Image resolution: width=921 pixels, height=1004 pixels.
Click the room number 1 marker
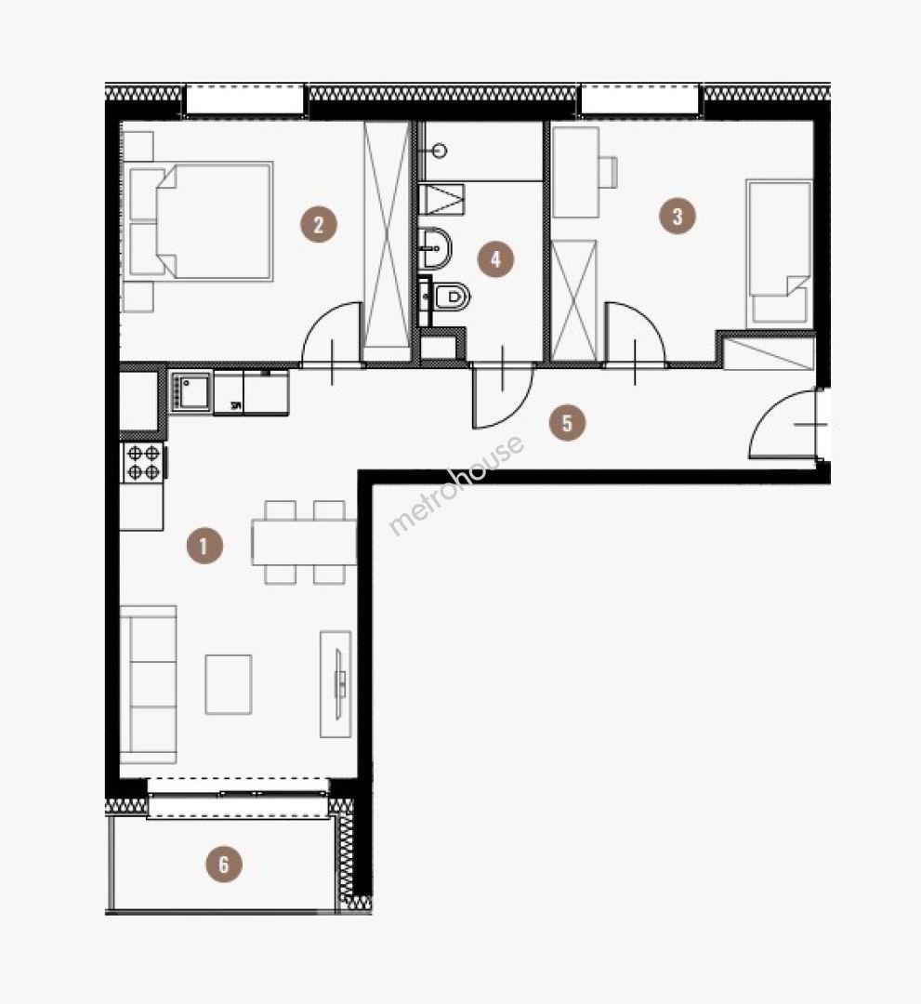[204, 546]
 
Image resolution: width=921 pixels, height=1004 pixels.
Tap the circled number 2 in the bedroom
[319, 224]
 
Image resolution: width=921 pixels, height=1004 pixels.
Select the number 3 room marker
[678, 216]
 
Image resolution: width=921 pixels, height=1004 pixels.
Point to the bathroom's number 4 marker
[495, 258]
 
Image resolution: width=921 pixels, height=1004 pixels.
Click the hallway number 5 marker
[567, 423]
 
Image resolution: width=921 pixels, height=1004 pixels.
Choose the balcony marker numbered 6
[223, 864]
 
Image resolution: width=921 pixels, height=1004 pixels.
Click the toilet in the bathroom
[451, 297]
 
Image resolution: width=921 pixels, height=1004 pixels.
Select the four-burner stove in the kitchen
[143, 462]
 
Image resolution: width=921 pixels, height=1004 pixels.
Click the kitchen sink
[191, 392]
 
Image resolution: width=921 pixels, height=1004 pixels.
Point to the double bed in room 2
[201, 221]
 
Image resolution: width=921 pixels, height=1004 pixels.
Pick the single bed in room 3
[779, 254]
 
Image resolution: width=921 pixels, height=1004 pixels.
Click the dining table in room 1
[304, 542]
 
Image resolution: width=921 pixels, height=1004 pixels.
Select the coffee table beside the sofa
[229, 684]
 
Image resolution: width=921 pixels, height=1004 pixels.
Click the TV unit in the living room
[336, 684]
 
